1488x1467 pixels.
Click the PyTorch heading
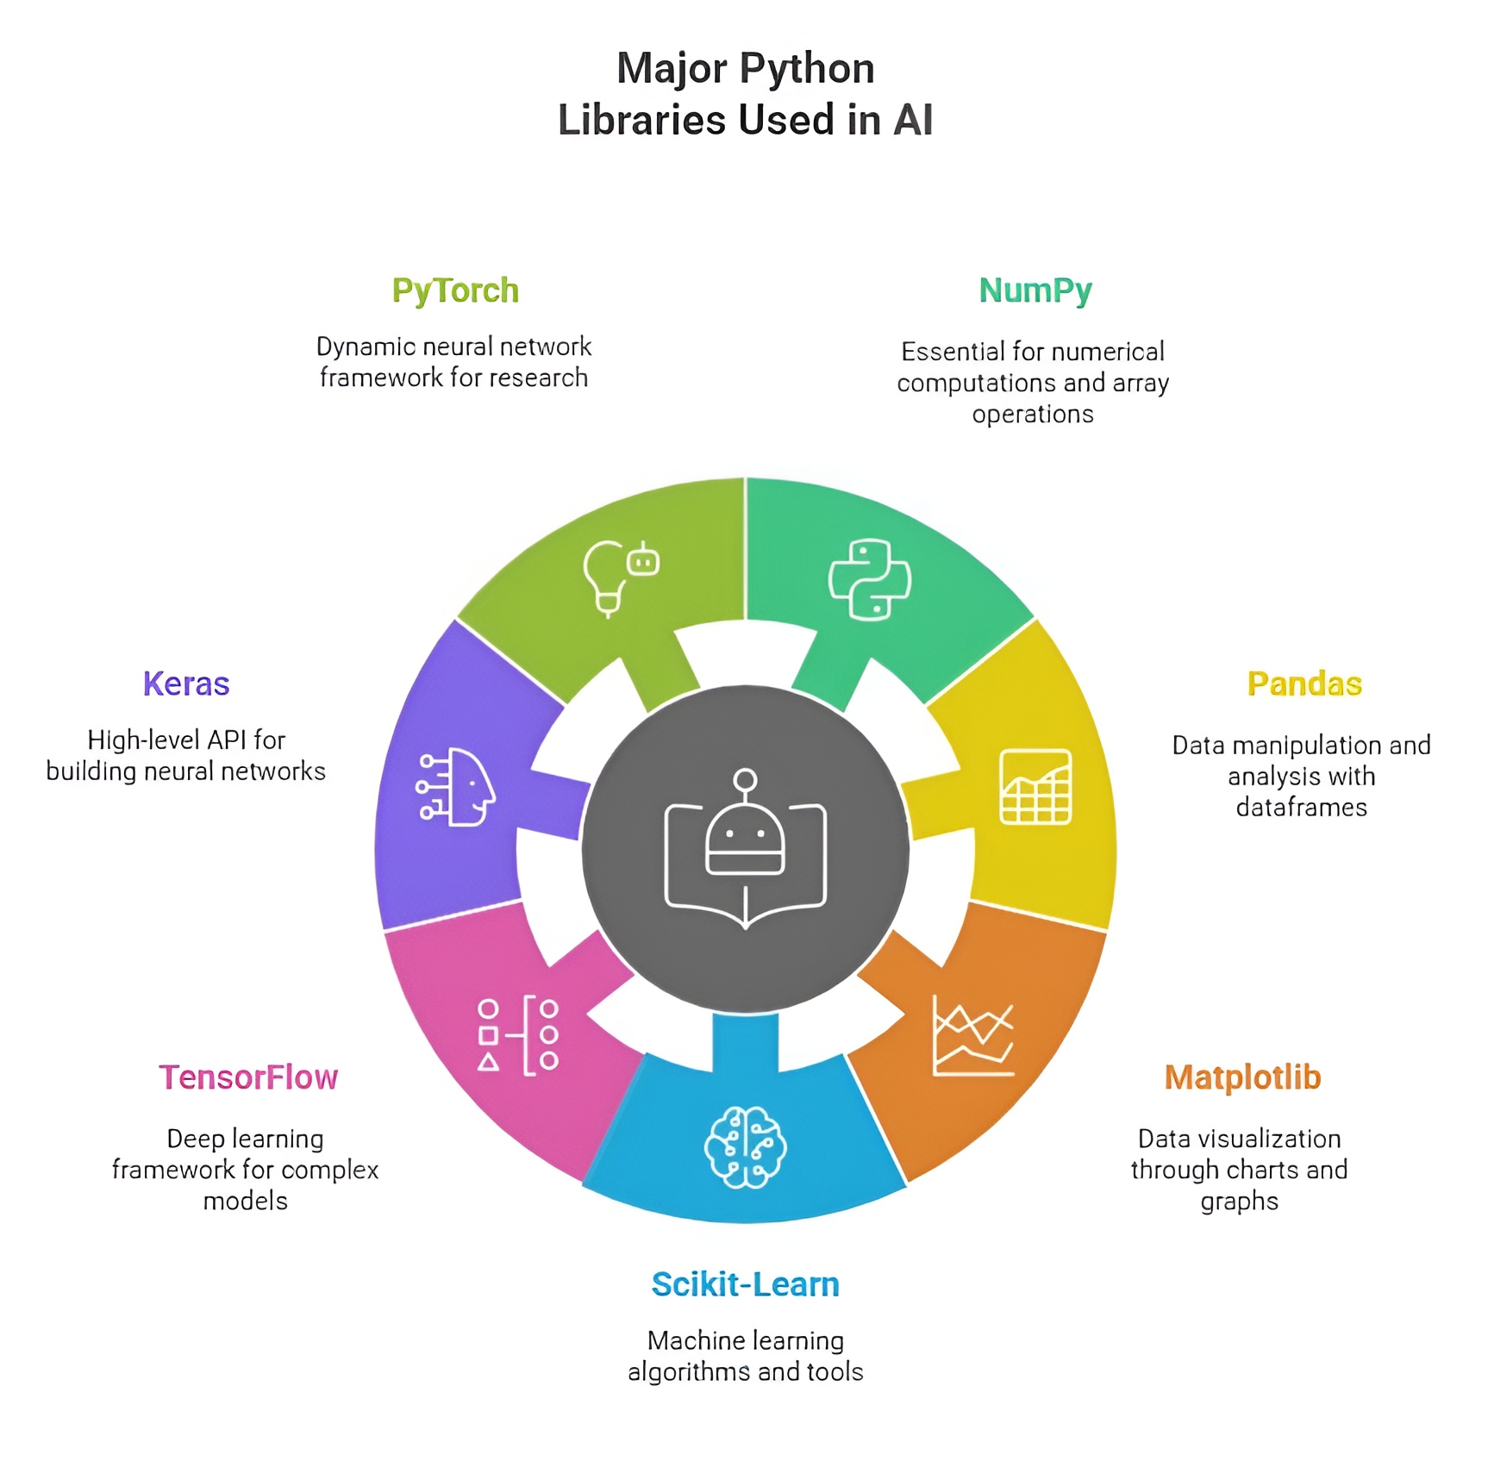455,291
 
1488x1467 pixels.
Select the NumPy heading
1035,291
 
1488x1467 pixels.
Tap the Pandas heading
1304,684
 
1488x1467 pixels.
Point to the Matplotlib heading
1242,1077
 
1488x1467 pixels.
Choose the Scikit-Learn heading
745,1284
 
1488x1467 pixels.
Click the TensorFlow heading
248,1077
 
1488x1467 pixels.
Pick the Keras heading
186,684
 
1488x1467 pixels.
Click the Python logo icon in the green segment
869,579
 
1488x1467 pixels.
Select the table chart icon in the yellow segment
1035,787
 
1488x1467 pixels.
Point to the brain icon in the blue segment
745,1147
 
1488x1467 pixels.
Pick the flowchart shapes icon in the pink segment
518,1035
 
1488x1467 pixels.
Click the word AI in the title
913,121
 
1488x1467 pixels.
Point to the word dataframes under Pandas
1301,808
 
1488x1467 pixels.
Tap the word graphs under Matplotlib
1239,1202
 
